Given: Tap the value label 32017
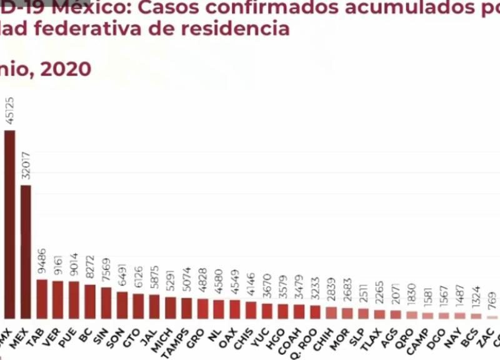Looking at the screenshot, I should click(26, 166).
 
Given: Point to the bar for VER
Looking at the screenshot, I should click(57, 299).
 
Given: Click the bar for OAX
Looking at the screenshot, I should click(234, 309).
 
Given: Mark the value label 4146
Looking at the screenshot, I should click(251, 287).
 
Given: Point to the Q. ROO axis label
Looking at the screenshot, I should click(311, 338).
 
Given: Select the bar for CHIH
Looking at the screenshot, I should click(331, 312).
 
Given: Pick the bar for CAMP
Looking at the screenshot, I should click(427, 316).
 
